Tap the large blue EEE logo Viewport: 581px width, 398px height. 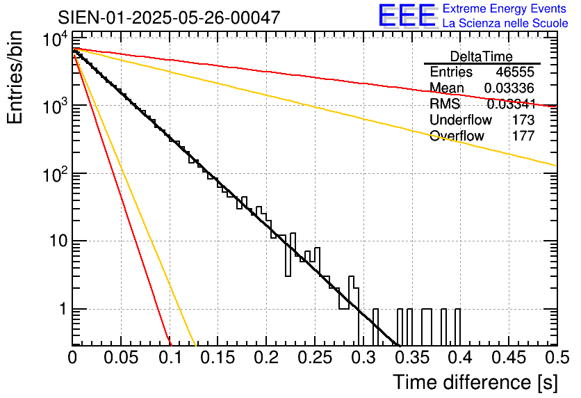tap(406, 16)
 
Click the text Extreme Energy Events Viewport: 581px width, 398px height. tap(505, 9)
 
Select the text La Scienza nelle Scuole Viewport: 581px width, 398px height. tap(505, 23)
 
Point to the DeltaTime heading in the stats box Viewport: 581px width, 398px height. tap(481, 56)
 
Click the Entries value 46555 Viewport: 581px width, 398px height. tap(515, 72)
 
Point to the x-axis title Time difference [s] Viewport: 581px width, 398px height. tap(475, 382)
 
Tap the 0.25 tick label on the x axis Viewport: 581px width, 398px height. tap(314, 358)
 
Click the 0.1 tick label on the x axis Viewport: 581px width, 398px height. tap(169, 358)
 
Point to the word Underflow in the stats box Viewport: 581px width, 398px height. tap(461, 120)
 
